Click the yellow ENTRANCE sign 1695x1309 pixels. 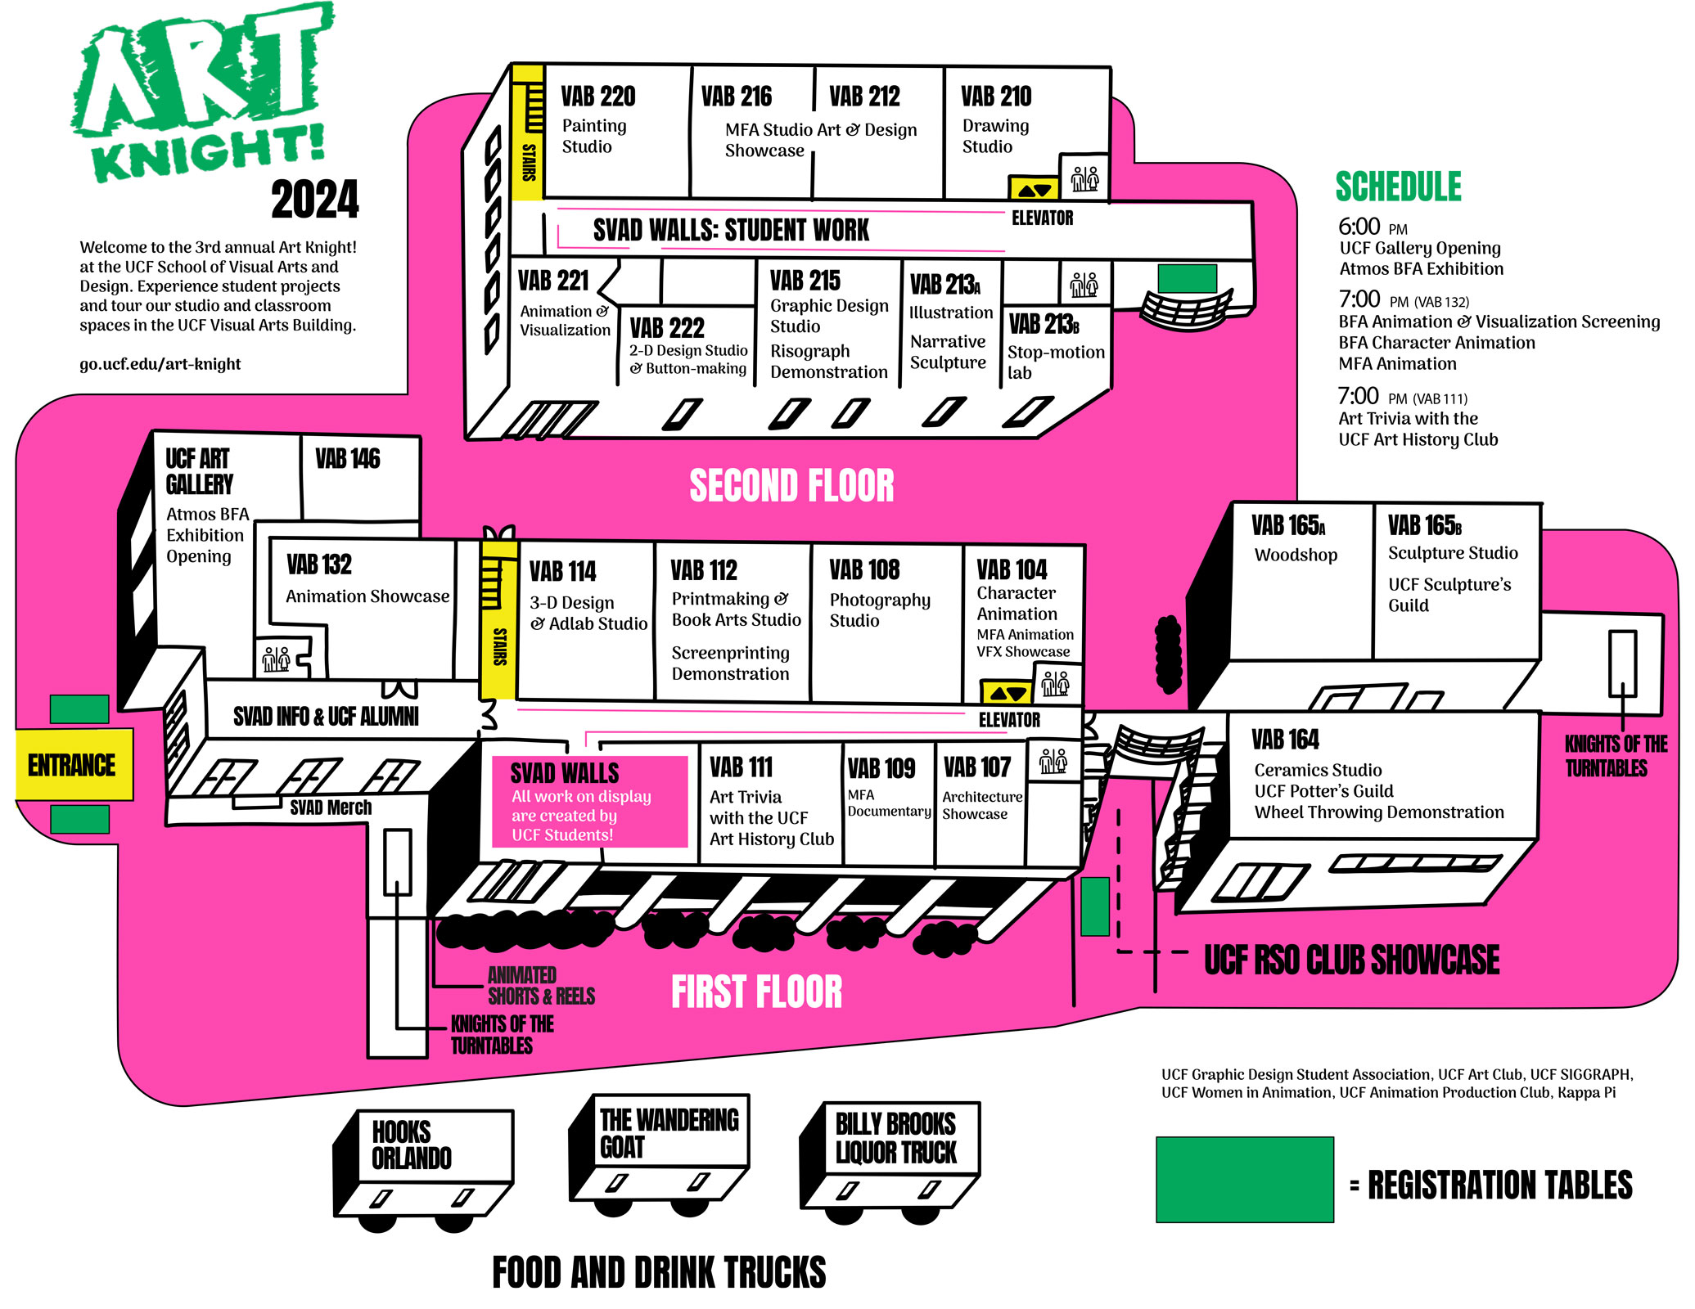pyautogui.click(x=73, y=765)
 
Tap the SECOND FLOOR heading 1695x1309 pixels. pyautogui.click(x=791, y=486)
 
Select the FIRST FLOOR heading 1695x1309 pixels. pyautogui.click(x=756, y=992)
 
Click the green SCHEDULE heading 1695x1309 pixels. pyautogui.click(x=1398, y=187)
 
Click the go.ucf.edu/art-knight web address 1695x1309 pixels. pyautogui.click(x=160, y=364)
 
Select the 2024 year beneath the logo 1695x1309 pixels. pyautogui.click(x=315, y=200)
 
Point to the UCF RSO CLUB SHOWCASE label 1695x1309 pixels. pyautogui.click(x=1351, y=960)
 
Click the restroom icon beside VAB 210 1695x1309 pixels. pyautogui.click(x=1084, y=178)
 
